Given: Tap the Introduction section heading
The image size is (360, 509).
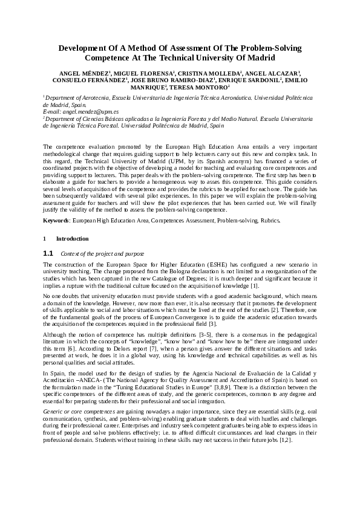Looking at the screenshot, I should [72, 239].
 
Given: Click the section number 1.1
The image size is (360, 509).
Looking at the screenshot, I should [48, 253].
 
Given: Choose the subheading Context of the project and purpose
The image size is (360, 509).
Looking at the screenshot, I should [102, 253].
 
